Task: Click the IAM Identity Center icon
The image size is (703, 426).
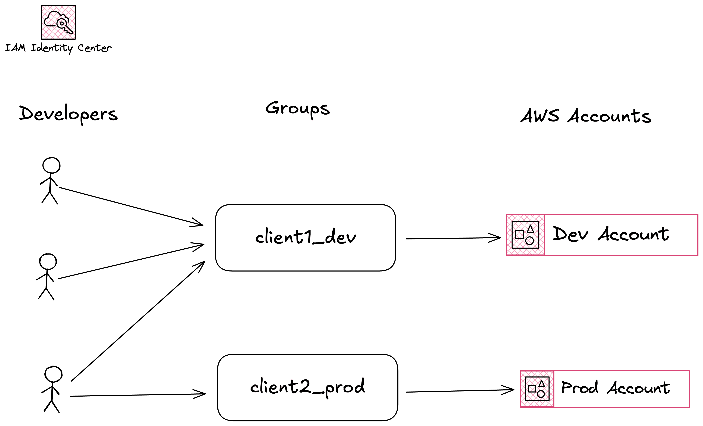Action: pyautogui.click(x=58, y=22)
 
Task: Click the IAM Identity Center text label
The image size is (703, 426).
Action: pyautogui.click(x=58, y=48)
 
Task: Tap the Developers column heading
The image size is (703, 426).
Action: pyautogui.click(x=68, y=114)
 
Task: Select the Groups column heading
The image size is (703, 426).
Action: pyautogui.click(x=298, y=109)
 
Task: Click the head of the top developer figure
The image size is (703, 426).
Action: pyautogui.click(x=51, y=165)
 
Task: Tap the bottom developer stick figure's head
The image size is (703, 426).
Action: pyautogui.click(x=53, y=374)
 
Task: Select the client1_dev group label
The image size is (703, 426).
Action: pyautogui.click(x=306, y=237)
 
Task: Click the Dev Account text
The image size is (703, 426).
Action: pyautogui.click(x=611, y=234)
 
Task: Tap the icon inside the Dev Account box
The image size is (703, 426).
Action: pyautogui.click(x=525, y=235)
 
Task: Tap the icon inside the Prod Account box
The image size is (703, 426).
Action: pyautogui.click(x=537, y=389)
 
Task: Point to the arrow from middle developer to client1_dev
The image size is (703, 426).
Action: pyautogui.click(x=131, y=261)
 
